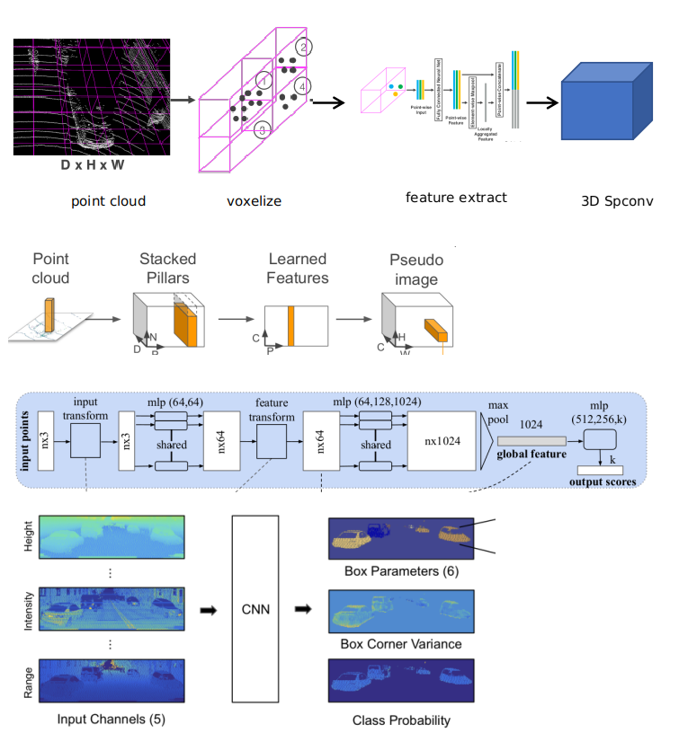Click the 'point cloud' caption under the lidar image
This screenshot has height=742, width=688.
click(108, 200)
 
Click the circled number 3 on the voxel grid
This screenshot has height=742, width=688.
click(262, 130)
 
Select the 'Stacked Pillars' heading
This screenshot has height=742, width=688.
click(167, 268)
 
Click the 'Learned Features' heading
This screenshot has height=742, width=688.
click(297, 268)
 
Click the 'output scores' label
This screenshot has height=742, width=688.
click(602, 481)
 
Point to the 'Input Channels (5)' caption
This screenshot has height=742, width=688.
click(112, 720)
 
